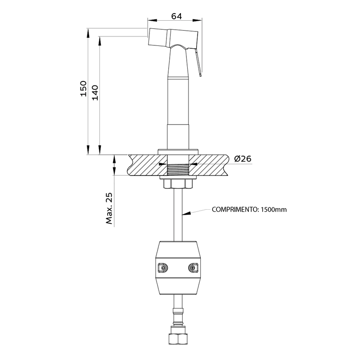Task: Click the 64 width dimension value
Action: tap(176, 16)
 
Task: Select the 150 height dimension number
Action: tap(84, 89)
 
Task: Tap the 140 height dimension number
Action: tap(95, 93)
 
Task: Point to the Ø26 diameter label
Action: tap(243, 159)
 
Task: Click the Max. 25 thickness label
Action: tap(109, 208)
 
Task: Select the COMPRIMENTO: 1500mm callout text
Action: tap(249, 210)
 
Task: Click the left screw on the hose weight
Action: tap(163, 268)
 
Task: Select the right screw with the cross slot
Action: tap(193, 268)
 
